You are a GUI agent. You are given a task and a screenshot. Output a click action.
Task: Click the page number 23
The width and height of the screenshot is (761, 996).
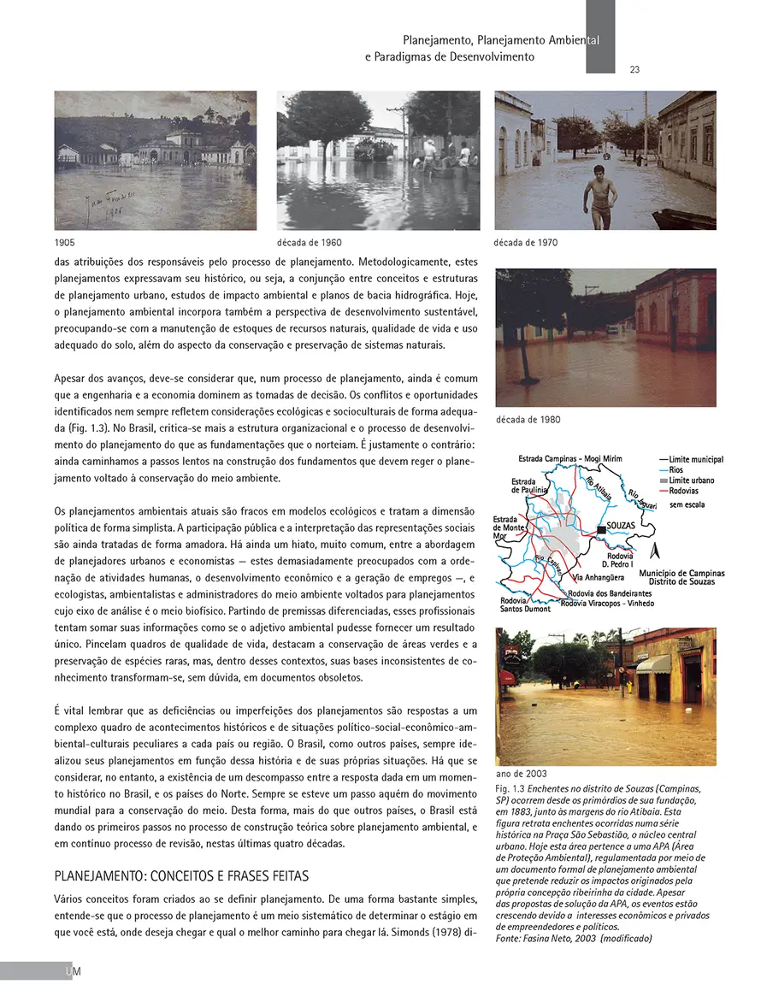pos(634,70)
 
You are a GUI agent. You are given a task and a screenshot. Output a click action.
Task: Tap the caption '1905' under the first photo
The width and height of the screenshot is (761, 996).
pos(64,243)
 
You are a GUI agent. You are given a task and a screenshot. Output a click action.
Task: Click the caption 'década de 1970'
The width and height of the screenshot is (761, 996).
pos(526,243)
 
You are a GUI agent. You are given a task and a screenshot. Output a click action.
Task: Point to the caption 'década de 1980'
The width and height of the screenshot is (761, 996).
pos(528,420)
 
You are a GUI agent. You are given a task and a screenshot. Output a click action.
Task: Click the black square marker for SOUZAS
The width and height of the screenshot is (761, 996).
pos(600,530)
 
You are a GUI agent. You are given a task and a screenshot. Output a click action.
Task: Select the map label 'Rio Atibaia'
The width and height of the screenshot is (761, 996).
pos(599,491)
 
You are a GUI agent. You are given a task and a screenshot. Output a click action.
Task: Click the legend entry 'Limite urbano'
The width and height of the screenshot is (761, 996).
pos(691,480)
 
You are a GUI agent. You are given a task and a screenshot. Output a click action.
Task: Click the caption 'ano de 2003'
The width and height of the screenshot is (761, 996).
pos(522,773)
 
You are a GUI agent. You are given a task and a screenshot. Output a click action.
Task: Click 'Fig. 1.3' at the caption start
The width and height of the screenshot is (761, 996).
pos(510,787)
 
